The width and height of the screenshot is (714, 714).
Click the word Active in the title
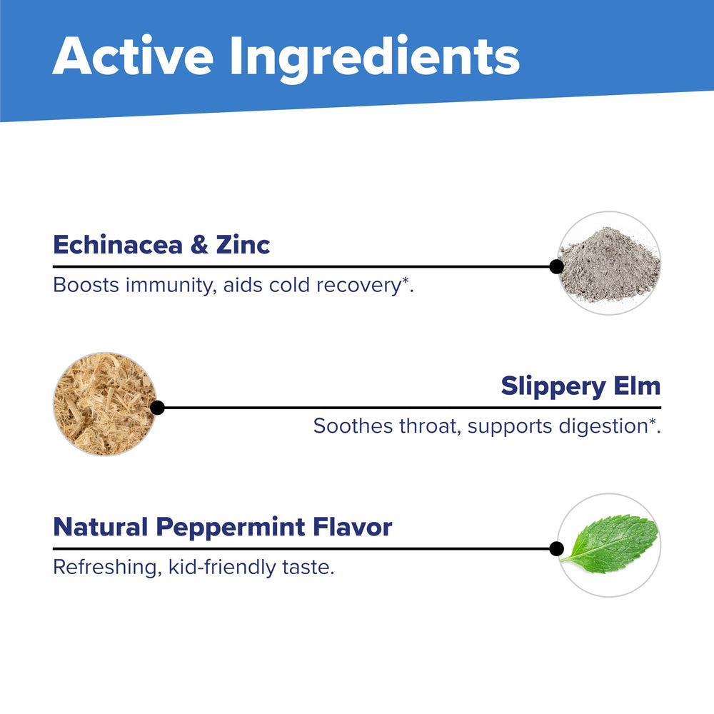pos(133,55)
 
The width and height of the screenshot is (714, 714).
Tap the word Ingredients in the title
pos(374,59)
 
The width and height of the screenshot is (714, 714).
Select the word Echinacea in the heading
pos(118,245)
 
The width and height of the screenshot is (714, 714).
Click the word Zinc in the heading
pos(243,245)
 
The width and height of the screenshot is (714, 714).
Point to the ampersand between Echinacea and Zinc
pos(199,245)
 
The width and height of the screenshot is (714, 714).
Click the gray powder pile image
pos(609,263)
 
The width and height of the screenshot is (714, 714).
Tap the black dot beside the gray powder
pos(556,266)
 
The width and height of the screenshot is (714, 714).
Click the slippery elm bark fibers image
pos(105,404)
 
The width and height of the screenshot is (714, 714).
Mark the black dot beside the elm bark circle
pos(157,408)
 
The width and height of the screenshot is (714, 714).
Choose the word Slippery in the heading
pos(553,387)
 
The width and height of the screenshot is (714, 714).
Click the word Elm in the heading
pos(637,386)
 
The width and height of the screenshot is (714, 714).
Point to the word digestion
pos(603,427)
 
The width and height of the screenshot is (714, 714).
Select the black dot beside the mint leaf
pos(556,548)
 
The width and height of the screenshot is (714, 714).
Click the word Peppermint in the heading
pos(231,528)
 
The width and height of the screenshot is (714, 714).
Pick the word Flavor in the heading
pos(353,527)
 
